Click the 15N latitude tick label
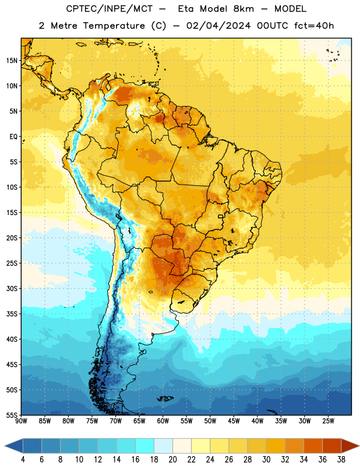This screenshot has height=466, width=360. tap(12, 61)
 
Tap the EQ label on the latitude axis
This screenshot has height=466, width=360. tap(13, 137)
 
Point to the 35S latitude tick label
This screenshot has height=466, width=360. tap(12, 314)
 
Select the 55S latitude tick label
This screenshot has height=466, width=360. tap(12, 415)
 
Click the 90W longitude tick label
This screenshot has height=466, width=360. tap(21, 421)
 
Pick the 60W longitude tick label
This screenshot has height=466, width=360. tap(163, 421)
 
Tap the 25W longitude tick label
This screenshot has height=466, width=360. tap(328, 421)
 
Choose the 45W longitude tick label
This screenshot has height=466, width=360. tap(234, 421)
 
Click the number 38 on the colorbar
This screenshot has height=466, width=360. tap(341, 460)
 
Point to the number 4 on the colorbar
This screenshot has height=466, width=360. tap(23, 460)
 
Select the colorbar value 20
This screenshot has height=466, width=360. tap(172, 460)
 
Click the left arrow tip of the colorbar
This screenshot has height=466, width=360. tap(5, 446)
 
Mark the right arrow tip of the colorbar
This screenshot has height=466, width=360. tap(359, 446)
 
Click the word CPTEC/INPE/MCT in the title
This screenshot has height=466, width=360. tap(109, 9)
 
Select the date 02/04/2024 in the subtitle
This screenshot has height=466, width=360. tap(218, 26)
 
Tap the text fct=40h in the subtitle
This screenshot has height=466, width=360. tap(314, 26)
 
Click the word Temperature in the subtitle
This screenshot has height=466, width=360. tap(114, 26)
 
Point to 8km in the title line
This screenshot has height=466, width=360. tap(243, 9)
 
